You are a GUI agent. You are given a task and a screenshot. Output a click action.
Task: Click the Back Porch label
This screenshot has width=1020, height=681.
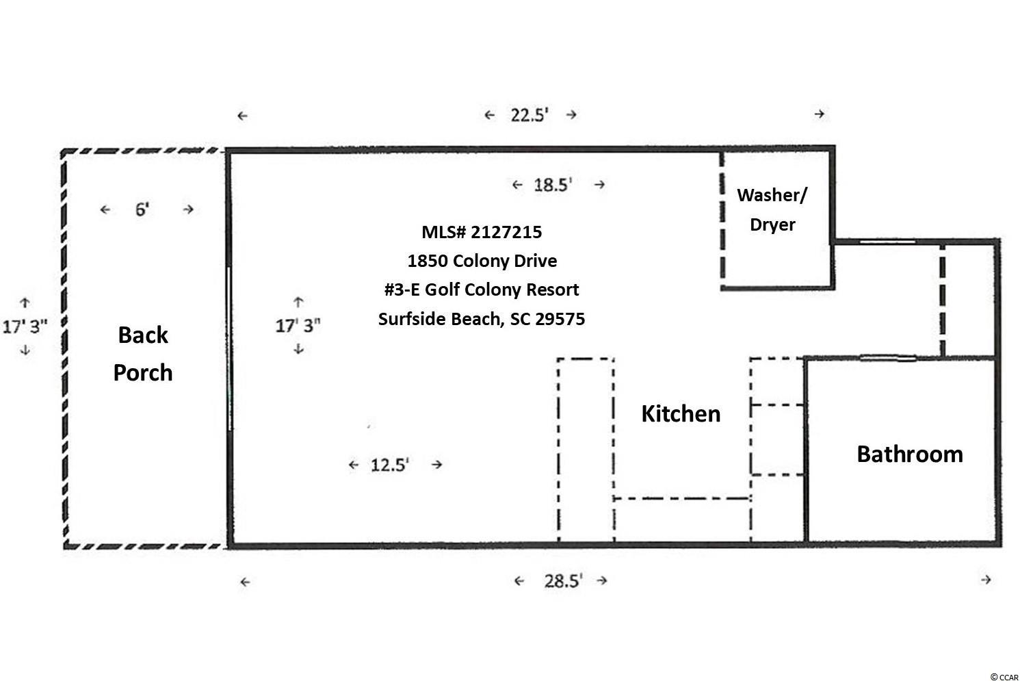pyautogui.click(x=143, y=353)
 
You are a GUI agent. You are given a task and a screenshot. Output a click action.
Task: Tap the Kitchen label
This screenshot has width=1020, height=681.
pyautogui.click(x=681, y=413)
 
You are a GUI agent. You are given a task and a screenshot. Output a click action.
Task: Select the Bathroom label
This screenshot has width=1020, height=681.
pyautogui.click(x=910, y=454)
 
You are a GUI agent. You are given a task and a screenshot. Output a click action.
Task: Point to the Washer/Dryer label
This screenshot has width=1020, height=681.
pyautogui.click(x=772, y=209)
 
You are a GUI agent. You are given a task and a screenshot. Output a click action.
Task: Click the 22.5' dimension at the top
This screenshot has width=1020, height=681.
pyautogui.click(x=529, y=115)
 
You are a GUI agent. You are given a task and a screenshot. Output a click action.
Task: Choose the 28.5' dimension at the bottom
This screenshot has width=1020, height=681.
pyautogui.click(x=563, y=581)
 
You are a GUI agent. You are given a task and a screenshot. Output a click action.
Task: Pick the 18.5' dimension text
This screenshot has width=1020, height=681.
pyautogui.click(x=553, y=185)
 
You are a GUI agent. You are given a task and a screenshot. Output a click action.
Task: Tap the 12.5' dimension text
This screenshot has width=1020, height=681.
pyautogui.click(x=390, y=465)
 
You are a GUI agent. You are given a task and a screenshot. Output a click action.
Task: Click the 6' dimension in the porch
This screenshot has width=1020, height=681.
pyautogui.click(x=142, y=209)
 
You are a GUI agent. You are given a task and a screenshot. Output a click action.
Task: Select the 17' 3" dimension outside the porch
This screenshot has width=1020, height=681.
pyautogui.click(x=25, y=326)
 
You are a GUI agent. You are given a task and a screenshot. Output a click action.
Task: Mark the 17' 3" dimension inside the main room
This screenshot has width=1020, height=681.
pyautogui.click(x=298, y=325)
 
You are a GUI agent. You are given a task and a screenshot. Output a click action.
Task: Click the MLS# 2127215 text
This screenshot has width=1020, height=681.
pyautogui.click(x=482, y=232)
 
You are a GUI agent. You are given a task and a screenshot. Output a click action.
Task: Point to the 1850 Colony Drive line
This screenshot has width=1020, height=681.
pyautogui.click(x=482, y=261)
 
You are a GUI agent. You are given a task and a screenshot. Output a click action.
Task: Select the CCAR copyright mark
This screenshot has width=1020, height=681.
pyautogui.click(x=1004, y=677)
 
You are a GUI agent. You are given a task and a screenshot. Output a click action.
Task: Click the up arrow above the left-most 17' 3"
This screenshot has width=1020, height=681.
pyautogui.click(x=25, y=302)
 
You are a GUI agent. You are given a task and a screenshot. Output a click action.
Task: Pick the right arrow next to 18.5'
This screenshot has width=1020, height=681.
pyautogui.click(x=599, y=185)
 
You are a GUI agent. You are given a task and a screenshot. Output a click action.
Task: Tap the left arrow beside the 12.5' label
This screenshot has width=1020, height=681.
pyautogui.click(x=354, y=465)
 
